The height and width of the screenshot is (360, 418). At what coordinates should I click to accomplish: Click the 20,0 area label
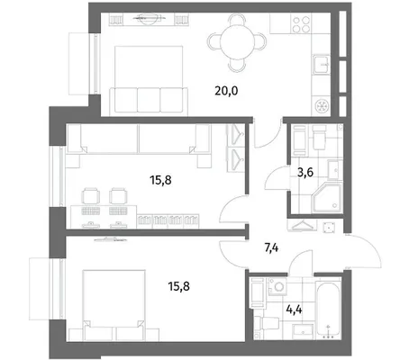click(226, 90)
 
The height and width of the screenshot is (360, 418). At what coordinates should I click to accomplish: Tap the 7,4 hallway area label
click(271, 248)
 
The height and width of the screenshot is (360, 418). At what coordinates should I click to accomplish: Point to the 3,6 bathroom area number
click(305, 173)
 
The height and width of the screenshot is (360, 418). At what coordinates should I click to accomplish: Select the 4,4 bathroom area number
click(294, 309)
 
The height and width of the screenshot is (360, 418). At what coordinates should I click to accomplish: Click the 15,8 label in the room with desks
click(160, 180)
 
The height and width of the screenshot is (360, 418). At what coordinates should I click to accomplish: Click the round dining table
click(237, 42)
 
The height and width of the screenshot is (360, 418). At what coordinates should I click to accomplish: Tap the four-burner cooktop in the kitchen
click(301, 24)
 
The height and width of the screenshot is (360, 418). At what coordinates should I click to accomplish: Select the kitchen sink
click(322, 64)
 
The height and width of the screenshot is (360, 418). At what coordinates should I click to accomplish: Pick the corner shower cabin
click(327, 198)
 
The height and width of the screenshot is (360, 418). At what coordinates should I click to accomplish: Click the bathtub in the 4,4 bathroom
click(328, 309)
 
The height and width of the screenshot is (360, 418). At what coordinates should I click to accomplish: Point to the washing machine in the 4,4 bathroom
click(277, 286)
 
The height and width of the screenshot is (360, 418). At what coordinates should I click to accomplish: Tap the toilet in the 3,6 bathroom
click(320, 137)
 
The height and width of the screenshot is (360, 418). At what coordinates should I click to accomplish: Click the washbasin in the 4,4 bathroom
click(304, 331)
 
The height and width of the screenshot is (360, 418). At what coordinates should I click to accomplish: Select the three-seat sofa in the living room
click(149, 101)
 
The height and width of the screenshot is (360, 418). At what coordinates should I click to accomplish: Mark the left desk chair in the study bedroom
click(91, 196)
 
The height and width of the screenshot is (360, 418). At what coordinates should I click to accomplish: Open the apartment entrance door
click(364, 251)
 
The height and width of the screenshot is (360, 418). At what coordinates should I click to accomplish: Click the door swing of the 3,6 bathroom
click(277, 178)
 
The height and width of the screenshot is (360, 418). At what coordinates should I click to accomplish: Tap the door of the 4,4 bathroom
click(301, 261)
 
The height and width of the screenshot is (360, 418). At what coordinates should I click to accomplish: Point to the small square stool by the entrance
click(330, 228)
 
